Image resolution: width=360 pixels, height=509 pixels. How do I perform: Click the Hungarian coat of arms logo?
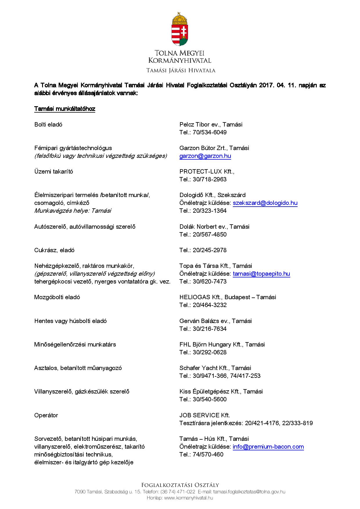tap(180, 29)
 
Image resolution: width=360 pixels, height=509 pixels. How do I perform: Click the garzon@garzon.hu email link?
tap(205, 156)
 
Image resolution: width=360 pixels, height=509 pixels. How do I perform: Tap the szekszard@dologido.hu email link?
tap(265, 203)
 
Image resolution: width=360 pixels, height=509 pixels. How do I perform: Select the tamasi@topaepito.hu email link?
tap(261, 274)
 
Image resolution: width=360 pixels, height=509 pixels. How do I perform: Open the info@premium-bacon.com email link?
tap(268, 447)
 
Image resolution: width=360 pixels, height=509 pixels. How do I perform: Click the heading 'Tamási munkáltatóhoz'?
tap(65, 109)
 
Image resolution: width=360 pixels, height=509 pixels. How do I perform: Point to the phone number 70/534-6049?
tap(210, 132)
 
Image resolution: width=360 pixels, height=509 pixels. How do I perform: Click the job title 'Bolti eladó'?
tap(48, 124)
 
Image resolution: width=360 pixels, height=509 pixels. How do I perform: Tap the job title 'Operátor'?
tap(46, 415)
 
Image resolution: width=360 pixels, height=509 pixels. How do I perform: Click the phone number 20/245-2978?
tap(210, 250)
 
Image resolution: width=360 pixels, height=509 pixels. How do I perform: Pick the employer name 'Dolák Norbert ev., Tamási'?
tap(214, 227)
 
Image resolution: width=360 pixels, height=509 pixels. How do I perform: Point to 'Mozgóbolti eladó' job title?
tap(57, 297)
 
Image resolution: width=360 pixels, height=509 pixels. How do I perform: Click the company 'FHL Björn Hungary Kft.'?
tap(211, 344)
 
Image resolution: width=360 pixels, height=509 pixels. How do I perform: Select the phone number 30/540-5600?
tap(210, 399)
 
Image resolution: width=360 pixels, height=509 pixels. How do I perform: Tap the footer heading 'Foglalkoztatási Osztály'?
tap(180, 485)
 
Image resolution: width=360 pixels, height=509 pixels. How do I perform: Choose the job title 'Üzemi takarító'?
tap(54, 172)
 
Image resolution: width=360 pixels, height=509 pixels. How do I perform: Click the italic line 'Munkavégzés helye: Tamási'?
tap(73, 211)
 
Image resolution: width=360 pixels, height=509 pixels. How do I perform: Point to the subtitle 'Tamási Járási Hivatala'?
tap(181, 70)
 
